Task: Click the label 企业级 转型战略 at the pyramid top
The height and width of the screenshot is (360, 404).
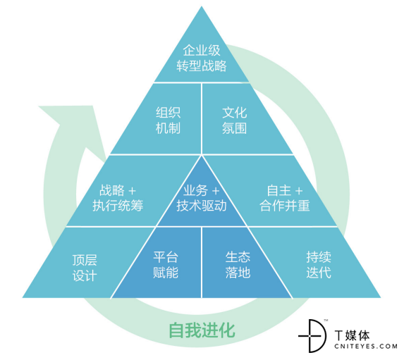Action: (x=202, y=58)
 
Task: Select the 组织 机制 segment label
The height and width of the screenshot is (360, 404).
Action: (x=168, y=120)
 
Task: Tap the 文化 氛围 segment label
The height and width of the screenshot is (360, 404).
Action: (x=235, y=120)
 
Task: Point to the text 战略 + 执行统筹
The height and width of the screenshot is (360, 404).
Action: (x=118, y=198)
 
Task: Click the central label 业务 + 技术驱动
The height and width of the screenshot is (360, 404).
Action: (x=202, y=198)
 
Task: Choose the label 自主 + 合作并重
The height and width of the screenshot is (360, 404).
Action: (x=285, y=198)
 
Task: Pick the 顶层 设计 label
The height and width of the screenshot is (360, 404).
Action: (x=85, y=268)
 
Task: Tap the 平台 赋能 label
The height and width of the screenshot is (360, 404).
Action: (x=166, y=265)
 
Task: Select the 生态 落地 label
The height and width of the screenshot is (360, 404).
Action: (x=238, y=265)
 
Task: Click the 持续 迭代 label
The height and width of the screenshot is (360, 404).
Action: (x=319, y=265)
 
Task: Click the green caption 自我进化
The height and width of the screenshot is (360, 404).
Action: (x=202, y=330)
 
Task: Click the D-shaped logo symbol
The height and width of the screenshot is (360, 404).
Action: (x=312, y=336)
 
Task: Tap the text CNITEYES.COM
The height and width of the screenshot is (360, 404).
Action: (x=366, y=347)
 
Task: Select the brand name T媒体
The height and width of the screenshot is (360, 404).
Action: (x=353, y=335)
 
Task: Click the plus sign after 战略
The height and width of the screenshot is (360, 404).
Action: (x=132, y=192)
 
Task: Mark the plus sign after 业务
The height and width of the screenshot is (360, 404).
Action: (x=216, y=192)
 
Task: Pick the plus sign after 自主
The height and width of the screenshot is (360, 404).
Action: (x=299, y=192)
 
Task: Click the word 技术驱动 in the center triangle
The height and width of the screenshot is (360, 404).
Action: (x=202, y=206)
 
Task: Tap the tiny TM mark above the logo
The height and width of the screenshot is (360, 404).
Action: (x=326, y=321)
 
